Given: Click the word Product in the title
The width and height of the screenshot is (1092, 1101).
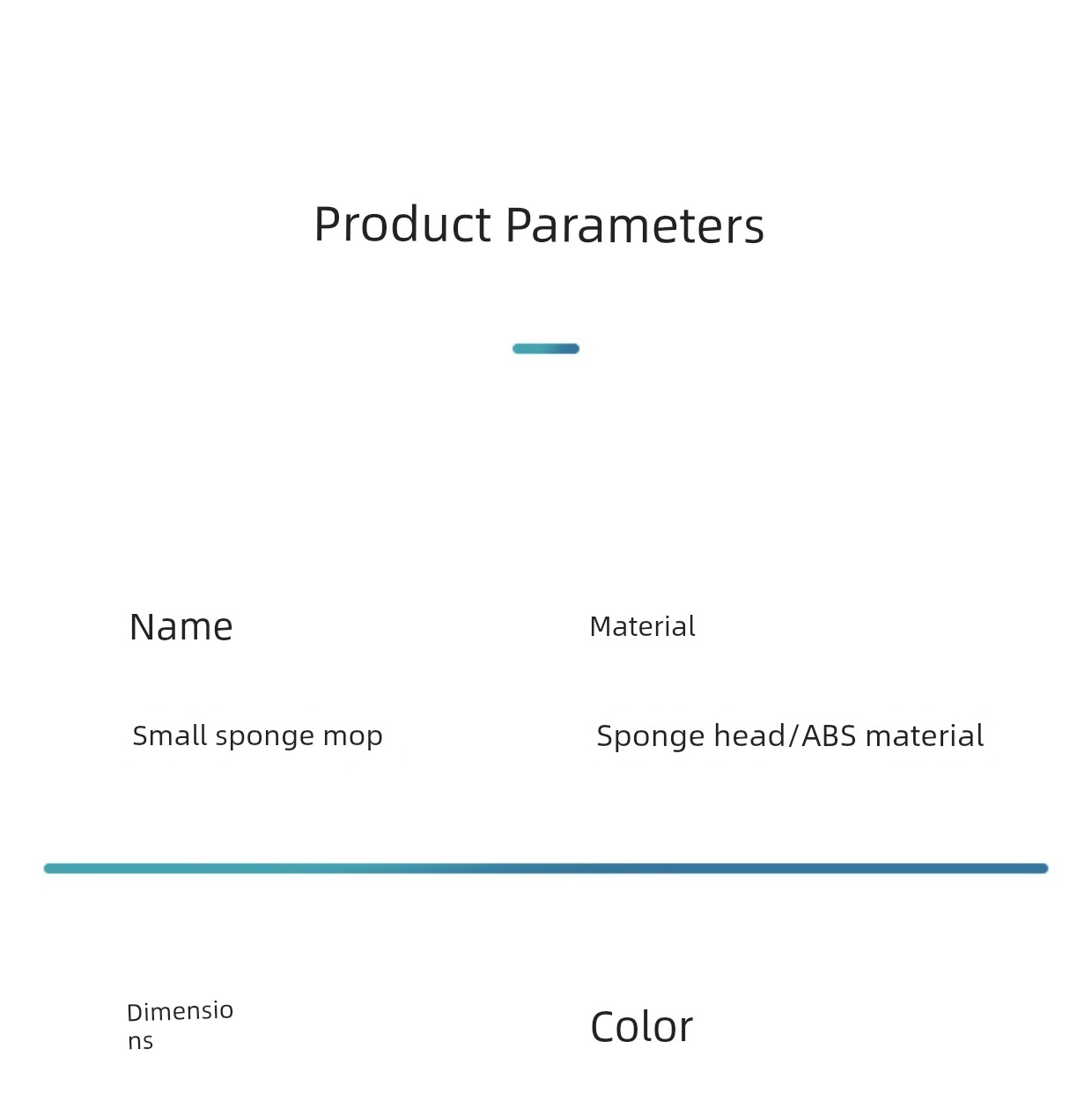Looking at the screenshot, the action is coord(402,225).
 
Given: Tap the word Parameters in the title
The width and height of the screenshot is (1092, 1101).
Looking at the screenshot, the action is coord(635,225).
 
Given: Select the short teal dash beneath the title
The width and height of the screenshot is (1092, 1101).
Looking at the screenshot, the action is coord(546,349).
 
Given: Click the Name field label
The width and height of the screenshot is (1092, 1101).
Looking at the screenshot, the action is coord(181,627).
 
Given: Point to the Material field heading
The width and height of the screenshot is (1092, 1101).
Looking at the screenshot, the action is coord(642,626).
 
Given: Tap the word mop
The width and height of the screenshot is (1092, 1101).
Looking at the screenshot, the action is coord(352,737).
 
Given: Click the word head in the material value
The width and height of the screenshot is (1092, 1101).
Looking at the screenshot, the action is coord(749,735).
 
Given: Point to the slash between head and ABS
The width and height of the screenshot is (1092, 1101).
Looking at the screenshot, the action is coord(793,735).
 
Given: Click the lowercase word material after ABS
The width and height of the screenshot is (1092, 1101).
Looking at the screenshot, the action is coord(925,735).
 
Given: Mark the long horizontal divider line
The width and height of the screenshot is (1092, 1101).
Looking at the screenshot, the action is coord(546,868).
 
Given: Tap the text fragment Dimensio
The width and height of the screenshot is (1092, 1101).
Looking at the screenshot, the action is coord(180,1012).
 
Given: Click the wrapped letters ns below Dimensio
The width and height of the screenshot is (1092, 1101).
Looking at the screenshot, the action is coord(141,1042).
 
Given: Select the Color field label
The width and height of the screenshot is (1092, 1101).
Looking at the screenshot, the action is coord(641,1027).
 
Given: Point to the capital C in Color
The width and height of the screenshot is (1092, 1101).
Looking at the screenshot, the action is coord(604,1027).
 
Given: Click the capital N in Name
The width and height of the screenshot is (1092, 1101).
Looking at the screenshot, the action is coord(142,627).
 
